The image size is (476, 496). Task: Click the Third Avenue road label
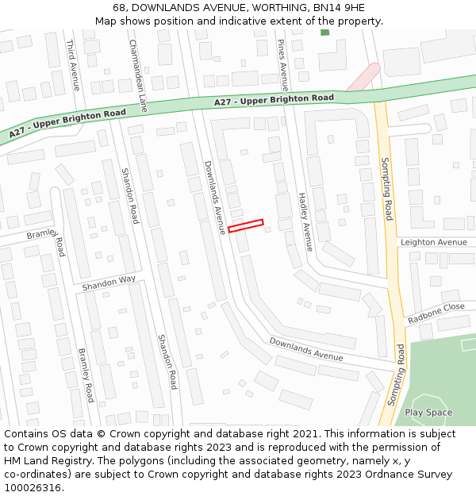coord(72,65)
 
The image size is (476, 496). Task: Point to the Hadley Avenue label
coord(305,221)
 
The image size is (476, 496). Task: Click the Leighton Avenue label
coord(434,242)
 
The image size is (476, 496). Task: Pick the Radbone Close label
coord(436,313)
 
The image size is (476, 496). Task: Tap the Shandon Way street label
coord(109,283)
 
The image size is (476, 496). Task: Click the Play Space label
coord(428,413)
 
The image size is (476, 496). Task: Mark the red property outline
coord(245,225)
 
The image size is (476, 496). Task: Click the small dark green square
coord(324,32)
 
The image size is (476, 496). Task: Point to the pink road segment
coord(363,77)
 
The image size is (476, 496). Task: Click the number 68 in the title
coord(120,7)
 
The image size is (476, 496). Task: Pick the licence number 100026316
coord(33,488)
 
